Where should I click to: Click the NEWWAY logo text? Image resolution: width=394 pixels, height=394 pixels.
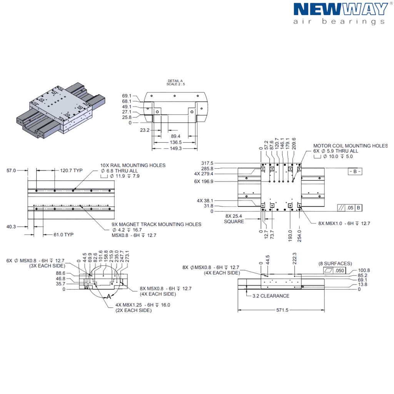[341, 9]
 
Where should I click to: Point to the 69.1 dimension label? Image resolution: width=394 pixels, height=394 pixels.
[127, 95]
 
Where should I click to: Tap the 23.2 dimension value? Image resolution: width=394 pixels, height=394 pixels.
[145, 130]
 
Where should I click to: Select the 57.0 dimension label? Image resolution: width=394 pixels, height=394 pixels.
[12, 170]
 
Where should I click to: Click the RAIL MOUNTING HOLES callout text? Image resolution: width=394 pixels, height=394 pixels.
[133, 165]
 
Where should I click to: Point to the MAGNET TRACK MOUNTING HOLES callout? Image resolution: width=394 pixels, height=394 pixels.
[156, 224]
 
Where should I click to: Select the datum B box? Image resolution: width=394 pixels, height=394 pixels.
[355, 172]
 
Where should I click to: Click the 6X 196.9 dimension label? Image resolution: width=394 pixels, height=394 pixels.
[204, 181]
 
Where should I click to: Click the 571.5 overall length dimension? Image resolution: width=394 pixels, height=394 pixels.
[282, 310]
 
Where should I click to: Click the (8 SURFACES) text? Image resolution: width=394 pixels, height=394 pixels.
[335, 264]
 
